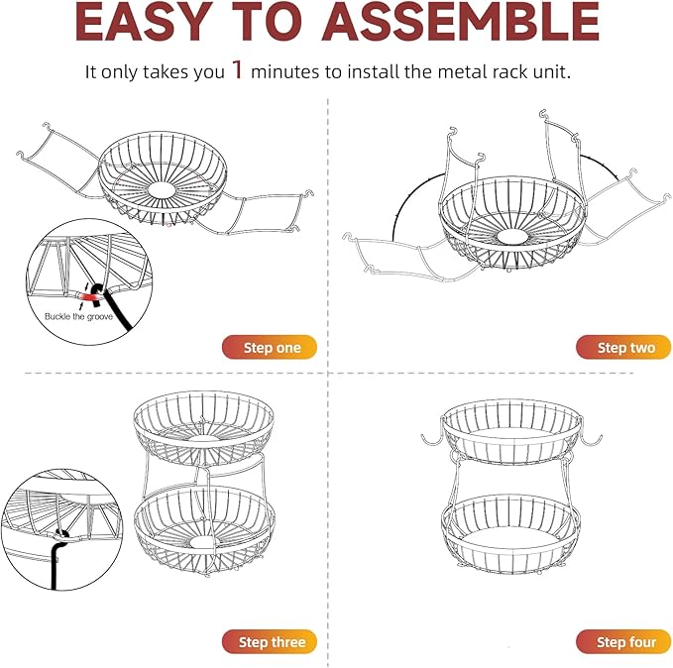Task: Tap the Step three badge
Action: pyautogui.click(x=270, y=642)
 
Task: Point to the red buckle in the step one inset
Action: pyautogui.click(x=90, y=294)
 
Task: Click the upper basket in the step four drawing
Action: pyautogui.click(x=511, y=431)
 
